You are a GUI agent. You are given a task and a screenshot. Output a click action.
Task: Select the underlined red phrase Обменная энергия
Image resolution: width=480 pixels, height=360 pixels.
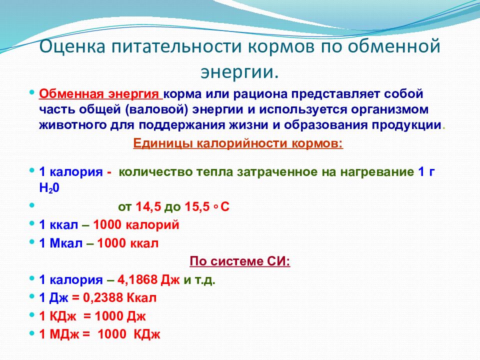[99, 94]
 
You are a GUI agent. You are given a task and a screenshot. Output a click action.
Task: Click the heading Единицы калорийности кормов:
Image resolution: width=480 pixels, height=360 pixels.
[238, 144]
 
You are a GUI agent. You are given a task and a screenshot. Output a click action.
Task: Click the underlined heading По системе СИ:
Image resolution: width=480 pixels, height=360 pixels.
[239, 262]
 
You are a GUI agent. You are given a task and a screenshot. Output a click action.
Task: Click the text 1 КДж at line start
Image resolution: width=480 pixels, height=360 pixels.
[59, 316]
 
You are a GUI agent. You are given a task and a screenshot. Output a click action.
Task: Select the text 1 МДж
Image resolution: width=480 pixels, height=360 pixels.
[60, 334]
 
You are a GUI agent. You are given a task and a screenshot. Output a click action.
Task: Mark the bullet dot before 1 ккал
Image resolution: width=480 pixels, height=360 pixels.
[32, 224]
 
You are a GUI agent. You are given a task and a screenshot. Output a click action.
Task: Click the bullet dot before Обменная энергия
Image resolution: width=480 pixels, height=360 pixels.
[32, 93]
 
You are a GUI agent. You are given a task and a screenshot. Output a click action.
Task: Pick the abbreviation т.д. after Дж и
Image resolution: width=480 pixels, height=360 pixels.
[205, 280]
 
